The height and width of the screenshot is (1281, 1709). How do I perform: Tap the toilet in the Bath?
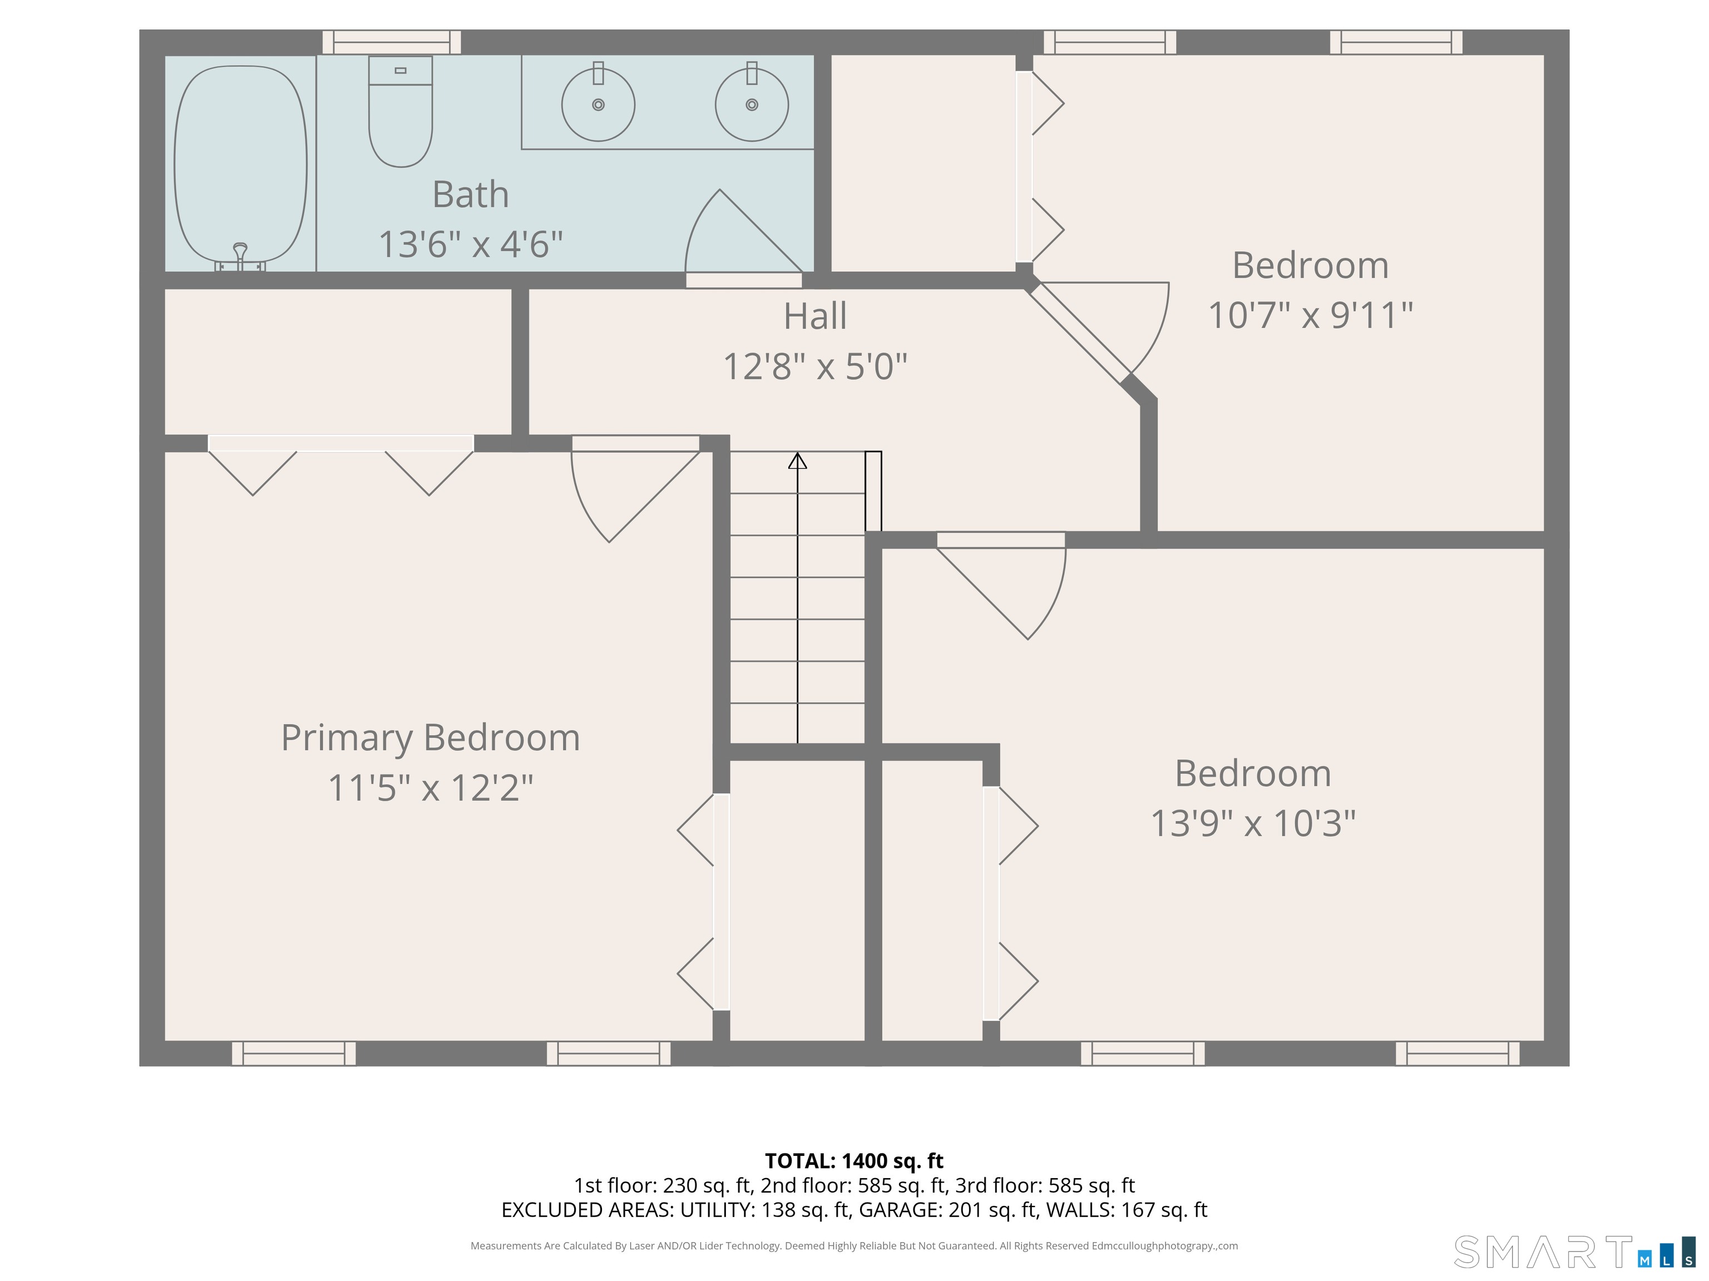pos(400,111)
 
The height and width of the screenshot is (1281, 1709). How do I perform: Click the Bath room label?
pos(471,194)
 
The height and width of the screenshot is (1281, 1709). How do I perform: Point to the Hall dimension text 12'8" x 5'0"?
pos(815,366)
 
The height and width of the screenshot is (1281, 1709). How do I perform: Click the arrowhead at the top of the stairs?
pos(797,460)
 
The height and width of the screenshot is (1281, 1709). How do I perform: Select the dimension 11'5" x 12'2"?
pos(431,788)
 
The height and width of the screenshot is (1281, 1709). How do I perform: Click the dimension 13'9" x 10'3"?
pos(1253,823)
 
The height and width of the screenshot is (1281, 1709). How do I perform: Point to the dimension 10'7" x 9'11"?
pos(1310,315)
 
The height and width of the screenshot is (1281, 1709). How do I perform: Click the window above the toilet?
pos(392,42)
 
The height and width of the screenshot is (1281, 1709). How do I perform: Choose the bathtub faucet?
pos(240,256)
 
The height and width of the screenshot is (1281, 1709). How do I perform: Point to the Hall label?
pos(815,316)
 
